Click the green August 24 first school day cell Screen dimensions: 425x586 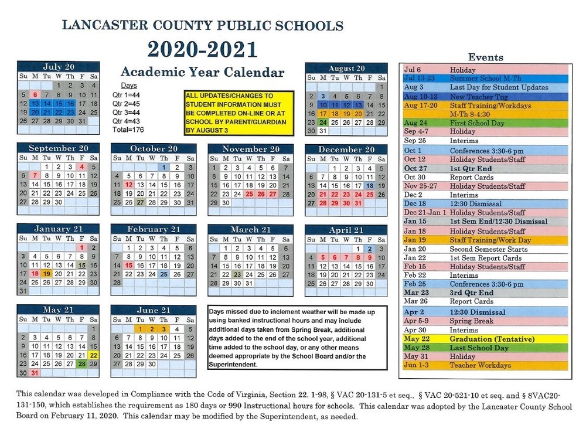pyautogui.click(x=322, y=123)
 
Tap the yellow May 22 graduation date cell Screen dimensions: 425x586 pyautogui.click(x=93, y=355)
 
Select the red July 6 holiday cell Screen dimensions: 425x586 pyautogui.click(x=35, y=94)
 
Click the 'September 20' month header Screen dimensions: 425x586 pyautogui.click(x=59, y=148)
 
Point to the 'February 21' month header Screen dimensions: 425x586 pyautogui.click(x=154, y=229)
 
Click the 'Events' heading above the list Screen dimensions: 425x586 pyautogui.click(x=486, y=57)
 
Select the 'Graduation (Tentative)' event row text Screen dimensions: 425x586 pyautogui.click(x=492, y=339)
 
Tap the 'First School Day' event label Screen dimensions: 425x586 pyautogui.click(x=478, y=123)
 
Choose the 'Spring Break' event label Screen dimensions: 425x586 pyautogui.click(x=471, y=321)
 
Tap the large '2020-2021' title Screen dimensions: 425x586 pyautogui.click(x=202, y=49)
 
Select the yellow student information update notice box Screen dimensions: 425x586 pyautogui.click(x=237, y=113)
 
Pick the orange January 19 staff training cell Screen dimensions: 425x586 pyautogui.click(x=47, y=274)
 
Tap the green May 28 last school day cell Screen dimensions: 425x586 pyautogui.click(x=82, y=364)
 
